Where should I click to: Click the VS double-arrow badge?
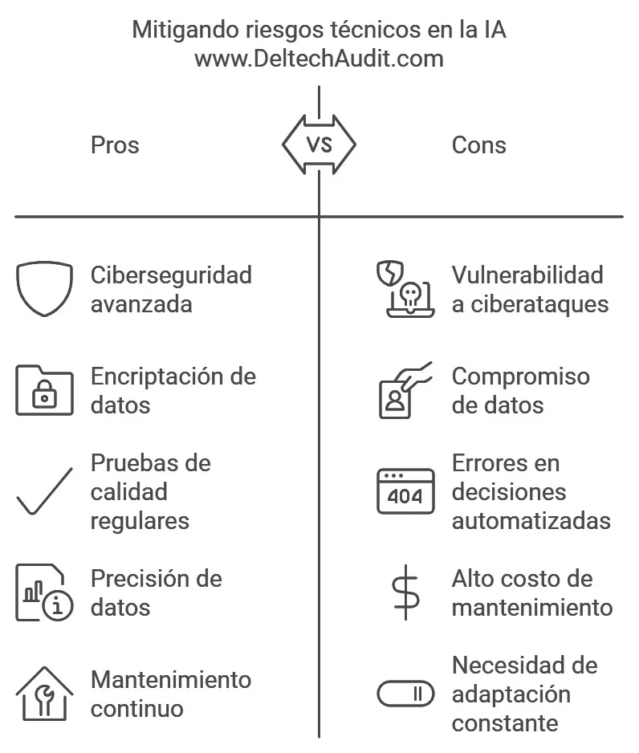tap(319, 144)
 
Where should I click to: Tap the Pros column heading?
tap(115, 145)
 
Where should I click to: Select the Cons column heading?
tap(478, 145)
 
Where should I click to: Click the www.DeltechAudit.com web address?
tap(319, 59)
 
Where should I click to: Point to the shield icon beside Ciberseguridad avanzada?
tap(45, 289)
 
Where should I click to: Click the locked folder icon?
tap(45, 390)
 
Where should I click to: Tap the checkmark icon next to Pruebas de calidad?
tap(45, 490)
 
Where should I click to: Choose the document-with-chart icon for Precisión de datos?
tap(45, 592)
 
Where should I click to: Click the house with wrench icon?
tap(45, 694)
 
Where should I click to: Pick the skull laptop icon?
tap(405, 289)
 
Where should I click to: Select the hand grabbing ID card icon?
tap(405, 390)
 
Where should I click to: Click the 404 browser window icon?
tap(405, 491)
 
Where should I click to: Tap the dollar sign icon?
tap(405, 592)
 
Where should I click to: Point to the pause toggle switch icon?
tap(405, 694)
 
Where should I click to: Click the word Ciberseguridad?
tap(172, 275)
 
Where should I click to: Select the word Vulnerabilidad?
tap(527, 275)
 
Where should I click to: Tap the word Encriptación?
tap(161, 376)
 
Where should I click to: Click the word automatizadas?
tap(531, 521)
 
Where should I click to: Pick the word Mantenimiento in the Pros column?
tap(171, 680)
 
